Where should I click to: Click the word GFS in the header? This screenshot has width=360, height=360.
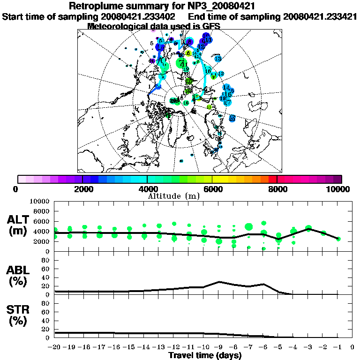pos(211,26)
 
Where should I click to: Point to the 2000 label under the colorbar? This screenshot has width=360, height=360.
pos(82,189)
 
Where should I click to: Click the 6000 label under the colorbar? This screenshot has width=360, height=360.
pos(212,189)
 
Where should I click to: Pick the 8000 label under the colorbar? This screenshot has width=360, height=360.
pos(277,189)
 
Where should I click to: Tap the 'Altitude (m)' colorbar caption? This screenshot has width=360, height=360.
pos(173,195)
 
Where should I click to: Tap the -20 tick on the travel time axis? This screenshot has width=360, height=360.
pos(55,347)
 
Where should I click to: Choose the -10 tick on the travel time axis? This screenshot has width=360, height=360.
pos(203,347)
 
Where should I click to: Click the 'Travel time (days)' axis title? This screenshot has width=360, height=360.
pos(205,355)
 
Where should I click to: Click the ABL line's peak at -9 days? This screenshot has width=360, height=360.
pos(219,282)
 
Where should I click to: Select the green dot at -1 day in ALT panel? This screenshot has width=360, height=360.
pos(338,239)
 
